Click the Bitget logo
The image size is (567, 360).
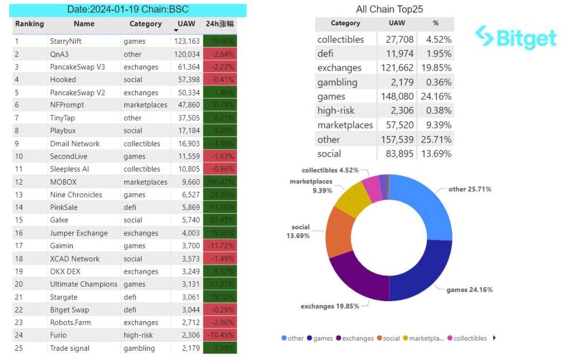[516, 38]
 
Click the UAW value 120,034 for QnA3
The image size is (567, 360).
[187, 54]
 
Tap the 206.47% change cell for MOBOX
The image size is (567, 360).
[220, 182]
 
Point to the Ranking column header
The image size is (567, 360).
[30, 24]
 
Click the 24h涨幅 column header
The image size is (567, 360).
[220, 24]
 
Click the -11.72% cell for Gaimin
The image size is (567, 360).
[220, 246]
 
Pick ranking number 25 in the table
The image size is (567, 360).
[20, 348]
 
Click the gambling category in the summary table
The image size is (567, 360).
[337, 83]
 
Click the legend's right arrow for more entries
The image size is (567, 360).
[495, 338]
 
